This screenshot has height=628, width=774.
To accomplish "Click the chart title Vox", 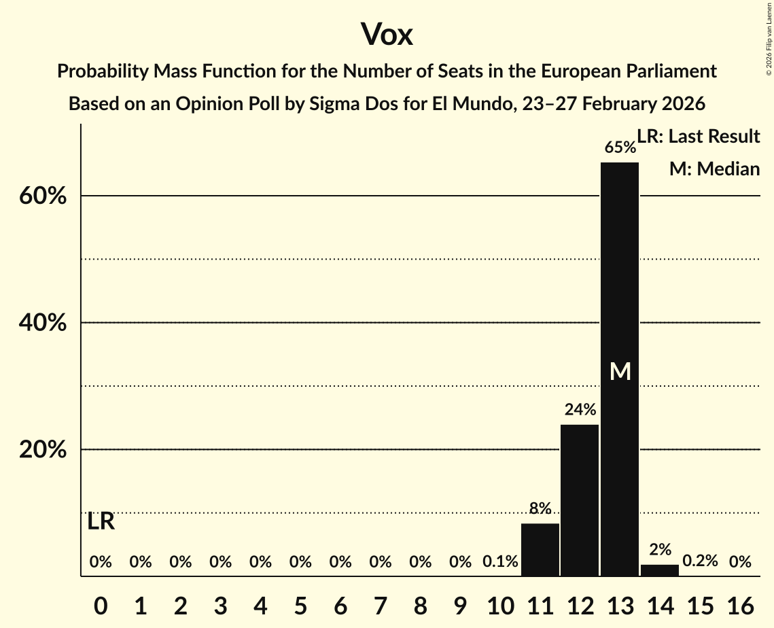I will point(387,35).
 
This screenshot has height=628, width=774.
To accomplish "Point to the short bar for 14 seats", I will point(660,570).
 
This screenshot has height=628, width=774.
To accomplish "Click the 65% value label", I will point(620,147).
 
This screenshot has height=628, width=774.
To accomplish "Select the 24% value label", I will point(580,410).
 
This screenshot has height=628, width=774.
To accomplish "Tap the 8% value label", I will point(540,508).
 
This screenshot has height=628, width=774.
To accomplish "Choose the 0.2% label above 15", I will point(700,561).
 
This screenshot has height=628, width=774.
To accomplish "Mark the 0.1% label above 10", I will point(500,561).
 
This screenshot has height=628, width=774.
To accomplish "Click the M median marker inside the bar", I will point(620,371).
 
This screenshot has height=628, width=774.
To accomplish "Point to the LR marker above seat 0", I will point(101,522).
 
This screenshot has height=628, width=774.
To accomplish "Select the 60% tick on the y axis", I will point(42,196).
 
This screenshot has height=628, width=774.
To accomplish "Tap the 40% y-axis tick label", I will point(42,324).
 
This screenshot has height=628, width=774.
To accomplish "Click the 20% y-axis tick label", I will point(42,451).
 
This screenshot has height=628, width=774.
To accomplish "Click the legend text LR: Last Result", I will point(699,137).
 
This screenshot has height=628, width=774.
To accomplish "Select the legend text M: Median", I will point(714,169).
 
